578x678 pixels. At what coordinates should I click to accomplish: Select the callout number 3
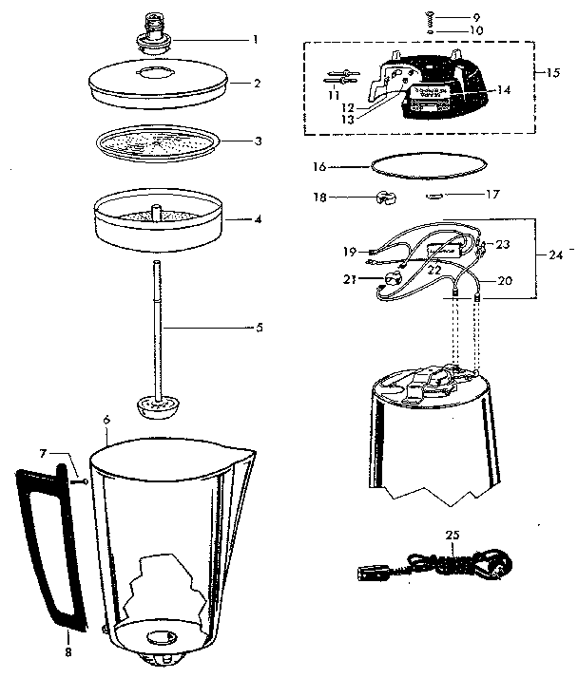[256, 141]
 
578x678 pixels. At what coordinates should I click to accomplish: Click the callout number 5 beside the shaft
[260, 328]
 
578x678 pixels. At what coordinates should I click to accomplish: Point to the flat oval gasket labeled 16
[423, 165]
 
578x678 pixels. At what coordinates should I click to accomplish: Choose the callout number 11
[332, 95]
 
